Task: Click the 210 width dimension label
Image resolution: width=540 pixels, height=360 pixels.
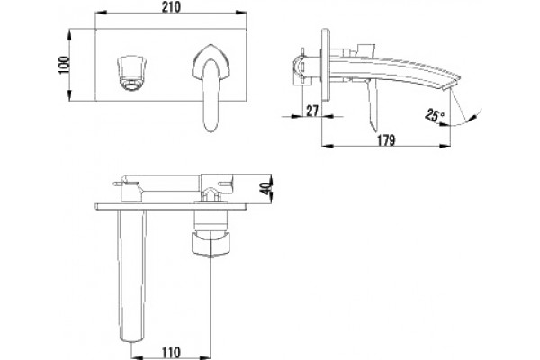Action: pos(171,7)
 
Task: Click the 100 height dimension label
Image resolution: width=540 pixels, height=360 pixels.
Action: pos(64,65)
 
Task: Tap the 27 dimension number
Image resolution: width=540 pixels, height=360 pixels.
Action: pos(312,111)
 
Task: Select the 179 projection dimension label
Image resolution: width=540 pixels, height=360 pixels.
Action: pos(386,140)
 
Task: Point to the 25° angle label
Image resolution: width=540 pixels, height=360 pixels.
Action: pos(435,114)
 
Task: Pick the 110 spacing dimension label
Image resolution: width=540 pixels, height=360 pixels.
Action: pos(171,353)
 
